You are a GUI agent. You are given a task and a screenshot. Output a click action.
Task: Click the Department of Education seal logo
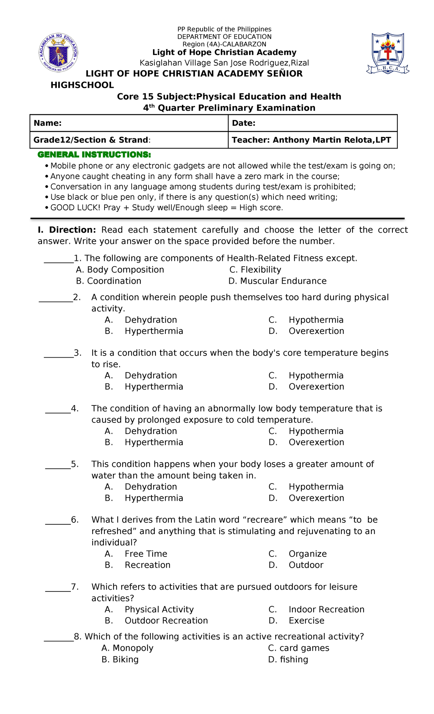58,53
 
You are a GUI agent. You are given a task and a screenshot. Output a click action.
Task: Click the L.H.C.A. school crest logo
388,53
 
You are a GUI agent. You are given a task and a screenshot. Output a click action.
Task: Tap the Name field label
47,123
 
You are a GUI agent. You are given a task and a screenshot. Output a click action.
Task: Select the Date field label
244,123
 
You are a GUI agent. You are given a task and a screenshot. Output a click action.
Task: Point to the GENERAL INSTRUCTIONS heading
94,155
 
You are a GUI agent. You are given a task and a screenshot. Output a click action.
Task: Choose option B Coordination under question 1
109,281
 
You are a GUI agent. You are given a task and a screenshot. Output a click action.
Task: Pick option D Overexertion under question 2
316,331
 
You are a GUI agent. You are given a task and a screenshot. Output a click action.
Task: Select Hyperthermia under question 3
154,387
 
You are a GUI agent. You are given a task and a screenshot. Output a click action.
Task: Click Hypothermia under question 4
316,431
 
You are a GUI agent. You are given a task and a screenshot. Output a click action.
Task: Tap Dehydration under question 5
151,487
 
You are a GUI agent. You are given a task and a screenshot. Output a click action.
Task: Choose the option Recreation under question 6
148,565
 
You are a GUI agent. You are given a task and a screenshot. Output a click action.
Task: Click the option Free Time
146,554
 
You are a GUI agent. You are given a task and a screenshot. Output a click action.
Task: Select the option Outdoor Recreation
166,620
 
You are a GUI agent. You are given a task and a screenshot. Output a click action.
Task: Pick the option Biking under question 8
120,659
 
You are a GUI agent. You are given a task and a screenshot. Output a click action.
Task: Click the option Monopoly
127,648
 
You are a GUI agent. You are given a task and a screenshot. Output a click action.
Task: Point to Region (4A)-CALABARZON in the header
224,44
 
